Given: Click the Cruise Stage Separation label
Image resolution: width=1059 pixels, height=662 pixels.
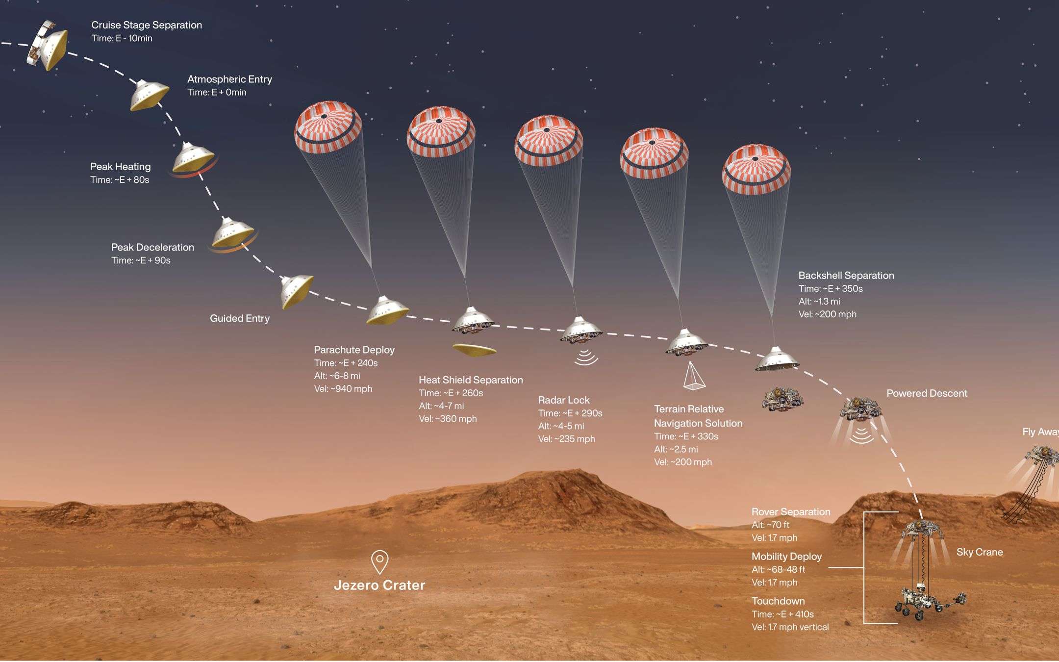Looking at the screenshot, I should tap(147, 25).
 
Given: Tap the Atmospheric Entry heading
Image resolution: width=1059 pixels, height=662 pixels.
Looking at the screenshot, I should tap(229, 79).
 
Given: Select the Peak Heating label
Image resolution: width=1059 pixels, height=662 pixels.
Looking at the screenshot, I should tap(120, 167).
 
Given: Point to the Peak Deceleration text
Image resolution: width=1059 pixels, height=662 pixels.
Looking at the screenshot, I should tap(152, 247).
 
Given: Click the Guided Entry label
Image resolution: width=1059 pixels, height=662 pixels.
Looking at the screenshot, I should tap(240, 318).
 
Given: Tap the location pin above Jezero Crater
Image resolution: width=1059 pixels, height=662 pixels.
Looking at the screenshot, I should tap(379, 561).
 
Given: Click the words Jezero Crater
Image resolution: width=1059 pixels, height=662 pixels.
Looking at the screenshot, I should tap(379, 585).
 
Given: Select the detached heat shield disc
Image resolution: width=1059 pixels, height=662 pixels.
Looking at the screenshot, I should tap(474, 350).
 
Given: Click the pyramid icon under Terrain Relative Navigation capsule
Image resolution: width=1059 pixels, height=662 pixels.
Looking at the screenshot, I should tap(694, 376).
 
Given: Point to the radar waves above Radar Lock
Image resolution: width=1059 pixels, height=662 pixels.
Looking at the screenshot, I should tap(586, 357).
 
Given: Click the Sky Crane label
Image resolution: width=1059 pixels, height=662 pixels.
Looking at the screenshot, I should tap(980, 552).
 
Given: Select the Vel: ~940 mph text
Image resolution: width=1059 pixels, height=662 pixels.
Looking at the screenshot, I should tap(343, 389).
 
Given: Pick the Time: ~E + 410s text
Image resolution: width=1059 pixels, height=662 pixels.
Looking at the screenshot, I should tap(782, 614).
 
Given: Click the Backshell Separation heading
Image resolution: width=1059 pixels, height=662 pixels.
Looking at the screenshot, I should tap(846, 276).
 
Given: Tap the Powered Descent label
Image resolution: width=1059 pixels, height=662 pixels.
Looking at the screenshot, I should tap(927, 393).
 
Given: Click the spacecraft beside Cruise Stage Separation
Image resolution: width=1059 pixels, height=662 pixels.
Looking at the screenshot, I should tap(47, 45).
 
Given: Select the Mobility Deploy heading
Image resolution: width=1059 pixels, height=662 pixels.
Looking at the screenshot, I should tap(786, 557).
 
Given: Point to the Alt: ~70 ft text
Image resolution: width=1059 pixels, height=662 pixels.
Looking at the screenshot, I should tap(770, 525).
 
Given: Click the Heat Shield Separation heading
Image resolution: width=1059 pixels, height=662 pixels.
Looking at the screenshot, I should tap(471, 380).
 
